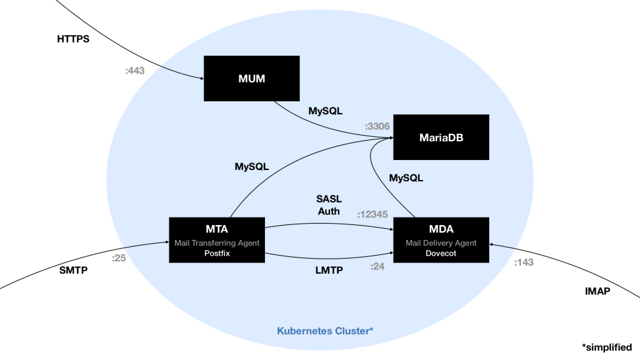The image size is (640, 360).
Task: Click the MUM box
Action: [251, 78]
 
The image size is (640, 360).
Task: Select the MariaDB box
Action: [440, 137]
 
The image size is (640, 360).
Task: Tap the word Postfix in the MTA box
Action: [217, 254]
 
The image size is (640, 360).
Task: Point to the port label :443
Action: [134, 71]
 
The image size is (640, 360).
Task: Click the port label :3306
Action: [377, 126]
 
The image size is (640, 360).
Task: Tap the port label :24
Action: [377, 266]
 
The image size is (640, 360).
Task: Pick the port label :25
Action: [119, 257]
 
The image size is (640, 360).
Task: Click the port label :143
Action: [524, 262]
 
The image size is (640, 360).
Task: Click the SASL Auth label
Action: [329, 204]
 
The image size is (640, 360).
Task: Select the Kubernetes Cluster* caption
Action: [325, 331]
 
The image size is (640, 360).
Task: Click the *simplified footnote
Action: [606, 347]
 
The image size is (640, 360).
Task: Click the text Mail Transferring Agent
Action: [217, 242]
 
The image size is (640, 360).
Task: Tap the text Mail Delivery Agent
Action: [441, 242]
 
